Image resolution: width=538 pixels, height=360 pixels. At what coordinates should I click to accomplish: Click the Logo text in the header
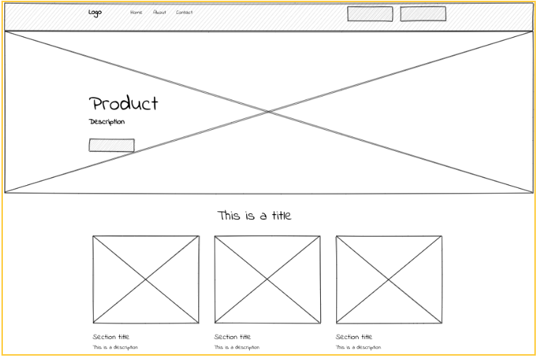pos(95,12)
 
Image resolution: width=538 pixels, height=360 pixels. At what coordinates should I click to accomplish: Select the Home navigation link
pos(136,12)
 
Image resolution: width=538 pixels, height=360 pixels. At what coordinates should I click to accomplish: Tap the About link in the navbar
pos(160,12)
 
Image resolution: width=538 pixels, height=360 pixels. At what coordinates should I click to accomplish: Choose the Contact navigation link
pos(184,12)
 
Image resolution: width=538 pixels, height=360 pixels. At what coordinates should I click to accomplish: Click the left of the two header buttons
pos(370,14)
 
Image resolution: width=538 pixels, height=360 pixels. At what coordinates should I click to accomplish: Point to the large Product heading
pos(123,103)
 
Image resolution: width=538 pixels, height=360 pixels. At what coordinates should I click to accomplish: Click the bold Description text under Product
pos(107,122)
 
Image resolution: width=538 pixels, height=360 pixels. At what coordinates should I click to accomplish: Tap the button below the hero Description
pos(112,145)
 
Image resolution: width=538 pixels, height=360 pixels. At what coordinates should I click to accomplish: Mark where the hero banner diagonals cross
pos(269,112)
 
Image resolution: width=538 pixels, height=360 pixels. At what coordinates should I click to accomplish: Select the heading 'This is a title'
pos(254,216)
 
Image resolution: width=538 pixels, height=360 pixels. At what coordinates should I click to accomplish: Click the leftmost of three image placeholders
pos(146,279)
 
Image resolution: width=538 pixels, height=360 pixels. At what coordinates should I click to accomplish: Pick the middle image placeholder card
pos(267,279)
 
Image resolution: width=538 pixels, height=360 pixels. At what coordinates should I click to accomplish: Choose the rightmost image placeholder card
pos(388,279)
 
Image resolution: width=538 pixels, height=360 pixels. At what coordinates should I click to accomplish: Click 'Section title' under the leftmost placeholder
pos(111,337)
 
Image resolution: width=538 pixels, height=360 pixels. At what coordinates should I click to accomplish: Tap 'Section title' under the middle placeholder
pos(232,337)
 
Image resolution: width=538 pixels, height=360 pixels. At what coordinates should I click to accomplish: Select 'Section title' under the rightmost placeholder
pos(354,337)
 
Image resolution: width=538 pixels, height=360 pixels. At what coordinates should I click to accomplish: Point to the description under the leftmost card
pos(115,348)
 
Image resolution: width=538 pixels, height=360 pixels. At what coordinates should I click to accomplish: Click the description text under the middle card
pos(237,348)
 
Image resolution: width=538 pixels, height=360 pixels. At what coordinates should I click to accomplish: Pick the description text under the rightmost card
pos(358,348)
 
